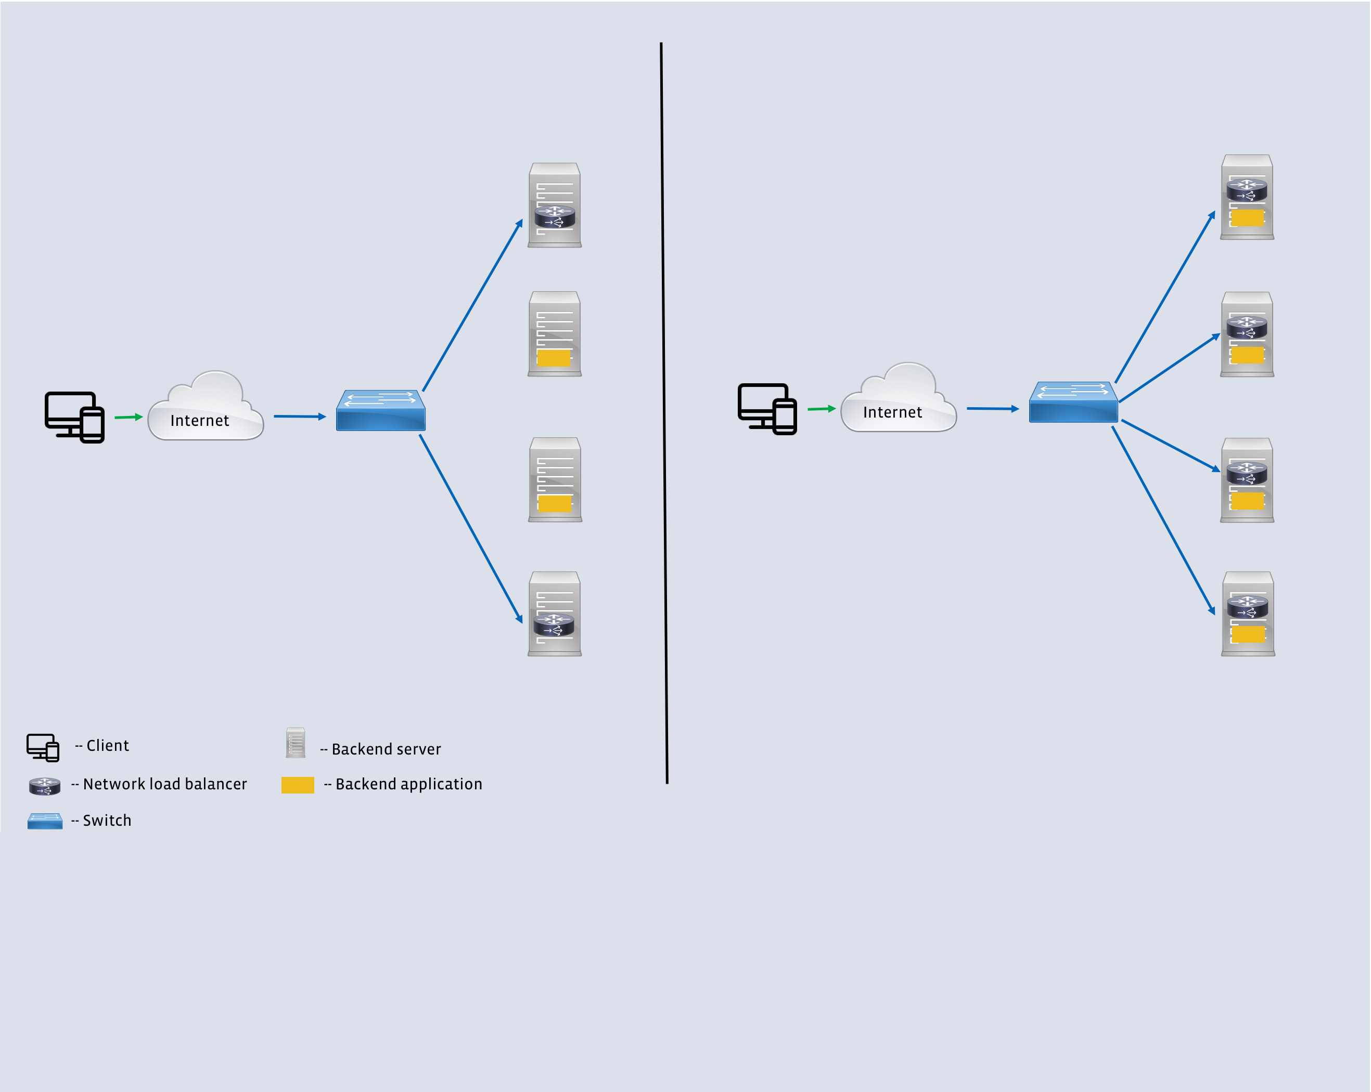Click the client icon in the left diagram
coord(74,417)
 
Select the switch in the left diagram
coord(380,411)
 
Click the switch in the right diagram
coord(1073,402)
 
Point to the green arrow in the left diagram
coord(128,417)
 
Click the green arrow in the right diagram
coord(821,409)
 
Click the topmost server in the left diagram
coord(555,205)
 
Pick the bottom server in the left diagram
coord(555,614)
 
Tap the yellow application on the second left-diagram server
coord(554,358)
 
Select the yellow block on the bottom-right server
coord(1248,634)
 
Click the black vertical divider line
coord(664,413)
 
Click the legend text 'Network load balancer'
coord(165,784)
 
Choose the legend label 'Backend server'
coord(386,749)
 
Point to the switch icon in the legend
coord(45,821)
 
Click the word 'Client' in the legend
coord(108,745)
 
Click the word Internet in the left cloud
coord(200,420)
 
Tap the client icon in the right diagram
coord(767,409)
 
